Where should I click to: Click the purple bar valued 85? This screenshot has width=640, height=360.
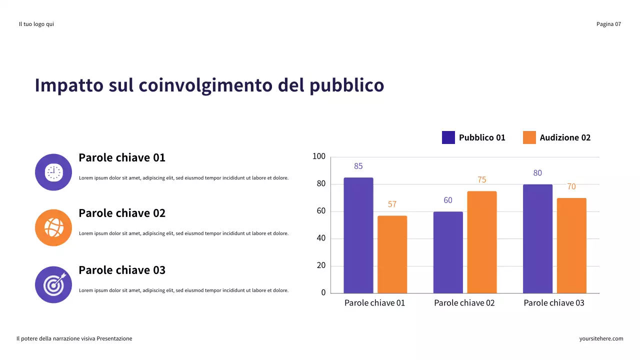358,235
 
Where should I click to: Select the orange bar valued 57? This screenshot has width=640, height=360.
392,254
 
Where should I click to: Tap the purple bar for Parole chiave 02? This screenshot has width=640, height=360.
448,252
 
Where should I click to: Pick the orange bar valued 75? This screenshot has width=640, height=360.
482,242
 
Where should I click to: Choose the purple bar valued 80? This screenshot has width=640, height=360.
537,238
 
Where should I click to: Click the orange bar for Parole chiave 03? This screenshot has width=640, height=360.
571,245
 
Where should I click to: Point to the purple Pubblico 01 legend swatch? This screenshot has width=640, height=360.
448,137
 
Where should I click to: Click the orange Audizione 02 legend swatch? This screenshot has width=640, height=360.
529,137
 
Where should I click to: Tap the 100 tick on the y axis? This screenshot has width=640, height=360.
319,157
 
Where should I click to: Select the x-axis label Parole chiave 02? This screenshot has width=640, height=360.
464,303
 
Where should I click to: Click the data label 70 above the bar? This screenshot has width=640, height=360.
571,186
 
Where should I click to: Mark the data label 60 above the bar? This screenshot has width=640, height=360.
448,200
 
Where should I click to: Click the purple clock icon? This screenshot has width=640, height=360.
53,172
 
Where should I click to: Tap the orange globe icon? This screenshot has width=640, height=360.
53,227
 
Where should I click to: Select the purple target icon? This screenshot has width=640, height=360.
53,284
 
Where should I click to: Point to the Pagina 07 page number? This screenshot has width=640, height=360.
608,24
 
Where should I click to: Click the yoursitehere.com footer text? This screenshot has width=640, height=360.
601,338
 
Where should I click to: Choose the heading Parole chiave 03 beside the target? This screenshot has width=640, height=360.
122,270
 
